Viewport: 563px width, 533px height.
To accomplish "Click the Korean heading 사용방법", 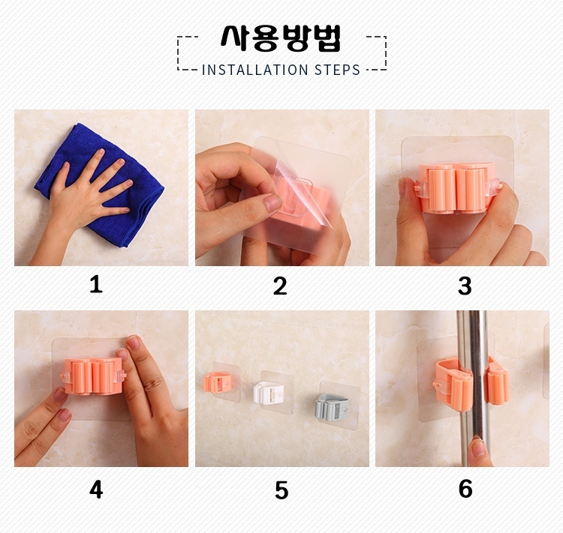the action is pyautogui.click(x=281, y=37).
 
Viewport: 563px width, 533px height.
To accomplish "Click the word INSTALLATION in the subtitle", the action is pyautogui.click(x=255, y=70).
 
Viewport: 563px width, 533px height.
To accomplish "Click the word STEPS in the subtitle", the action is pyautogui.click(x=337, y=70).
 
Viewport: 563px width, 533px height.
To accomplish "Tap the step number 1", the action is pyautogui.click(x=96, y=285).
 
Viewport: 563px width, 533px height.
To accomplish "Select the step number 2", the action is pyautogui.click(x=280, y=286).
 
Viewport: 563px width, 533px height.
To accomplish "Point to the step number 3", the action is pyautogui.click(x=465, y=286).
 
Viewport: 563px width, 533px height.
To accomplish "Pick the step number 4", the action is pyautogui.click(x=96, y=490).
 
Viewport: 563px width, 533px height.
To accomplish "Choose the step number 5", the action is pyautogui.click(x=281, y=490).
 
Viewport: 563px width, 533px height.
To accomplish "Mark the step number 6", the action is pyautogui.click(x=465, y=489).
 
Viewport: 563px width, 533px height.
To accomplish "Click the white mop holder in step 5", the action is pyautogui.click(x=269, y=393).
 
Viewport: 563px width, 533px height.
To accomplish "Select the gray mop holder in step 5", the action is pyautogui.click(x=332, y=407).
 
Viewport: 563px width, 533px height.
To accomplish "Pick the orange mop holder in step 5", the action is pyautogui.click(x=216, y=382).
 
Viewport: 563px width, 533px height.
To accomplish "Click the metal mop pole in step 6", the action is pyautogui.click(x=473, y=388).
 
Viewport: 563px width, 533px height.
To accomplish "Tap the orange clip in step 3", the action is pyautogui.click(x=457, y=188).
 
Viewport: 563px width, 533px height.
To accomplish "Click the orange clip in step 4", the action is pyautogui.click(x=93, y=376).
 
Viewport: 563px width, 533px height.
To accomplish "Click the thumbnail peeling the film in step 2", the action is pyautogui.click(x=273, y=203).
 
